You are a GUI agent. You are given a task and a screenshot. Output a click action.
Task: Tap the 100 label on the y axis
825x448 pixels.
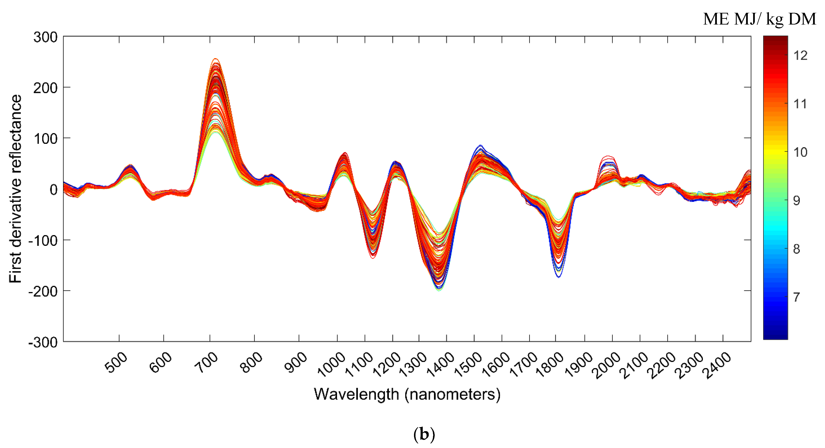[x=45, y=139]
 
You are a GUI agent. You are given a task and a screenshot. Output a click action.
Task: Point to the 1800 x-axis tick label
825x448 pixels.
[x=550, y=365]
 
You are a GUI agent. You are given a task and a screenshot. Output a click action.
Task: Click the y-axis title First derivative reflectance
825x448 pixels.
[x=15, y=189]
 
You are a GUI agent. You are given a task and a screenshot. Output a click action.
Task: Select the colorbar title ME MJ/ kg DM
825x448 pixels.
[x=759, y=19]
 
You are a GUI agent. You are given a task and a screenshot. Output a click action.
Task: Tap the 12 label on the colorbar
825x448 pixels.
[x=800, y=56]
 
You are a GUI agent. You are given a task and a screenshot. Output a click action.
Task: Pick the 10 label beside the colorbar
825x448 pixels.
[x=800, y=152]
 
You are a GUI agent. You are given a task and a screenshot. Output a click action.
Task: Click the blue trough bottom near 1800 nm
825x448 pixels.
[x=559, y=277]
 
